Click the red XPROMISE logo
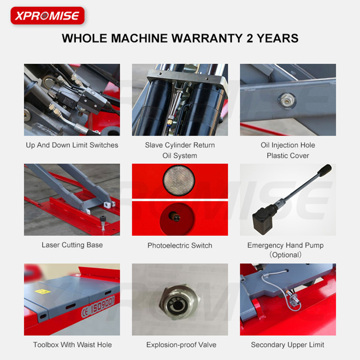(48, 16)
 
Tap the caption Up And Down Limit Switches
(72, 145)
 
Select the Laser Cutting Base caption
(72, 245)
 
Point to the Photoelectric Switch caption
(180, 245)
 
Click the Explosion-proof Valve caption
(181, 345)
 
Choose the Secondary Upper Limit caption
(288, 345)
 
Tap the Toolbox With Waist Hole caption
(72, 345)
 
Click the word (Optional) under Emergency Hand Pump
(285, 255)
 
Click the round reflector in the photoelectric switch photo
(179, 181)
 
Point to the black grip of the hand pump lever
(324, 171)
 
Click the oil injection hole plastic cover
(287, 100)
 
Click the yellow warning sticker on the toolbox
(42, 292)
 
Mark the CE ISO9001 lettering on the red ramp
(98, 306)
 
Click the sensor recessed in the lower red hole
(175, 216)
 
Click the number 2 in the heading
(250, 38)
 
